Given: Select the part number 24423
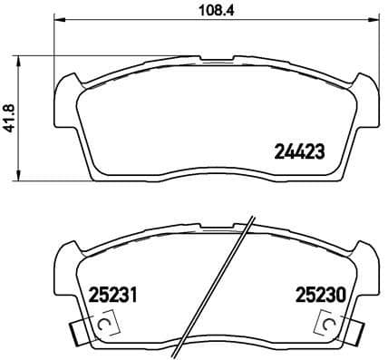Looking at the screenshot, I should pos(298,152).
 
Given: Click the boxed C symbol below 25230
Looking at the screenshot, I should pos(325,322).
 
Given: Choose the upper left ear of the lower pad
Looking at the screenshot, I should pos(70,253).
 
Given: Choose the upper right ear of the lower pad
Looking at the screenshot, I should pos(363,253).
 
